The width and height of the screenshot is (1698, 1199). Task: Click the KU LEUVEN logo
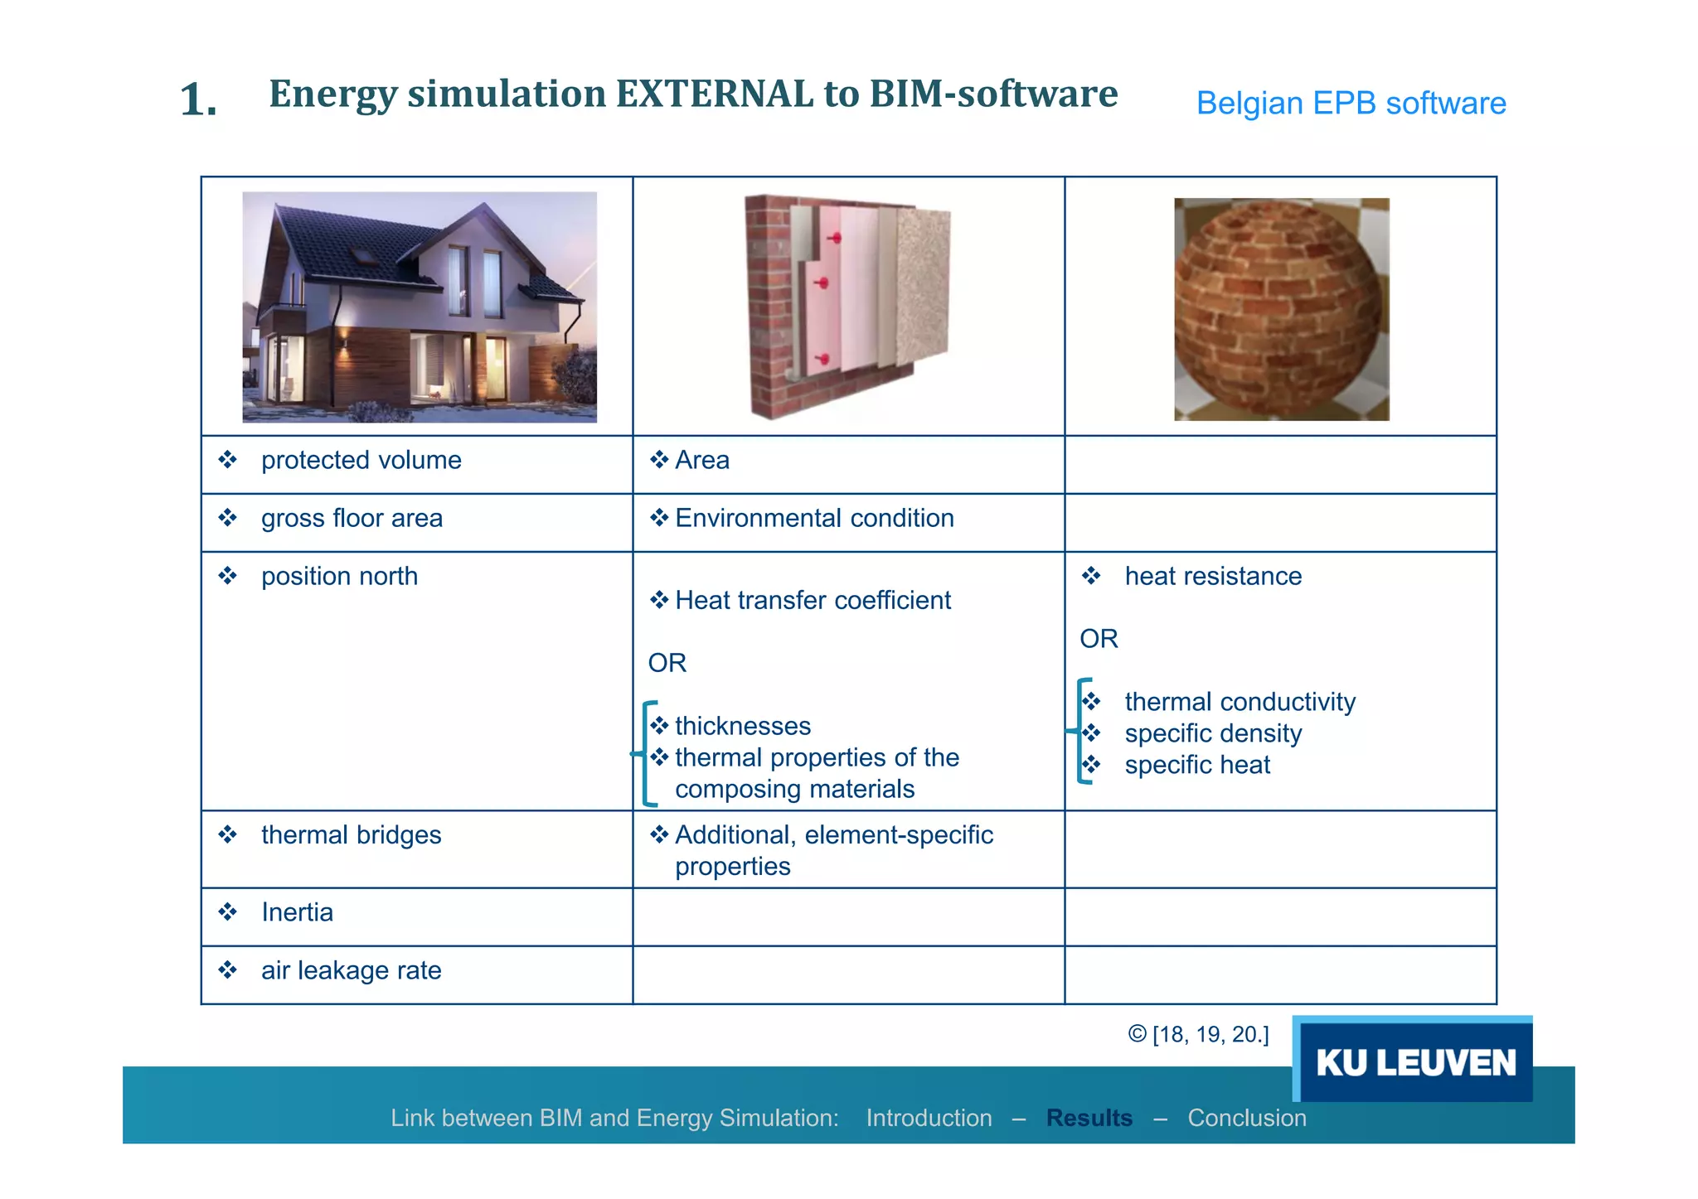[x=1414, y=1061]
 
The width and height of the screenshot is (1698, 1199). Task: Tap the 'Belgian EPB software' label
[x=1351, y=104]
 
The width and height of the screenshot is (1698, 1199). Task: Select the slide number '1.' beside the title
[x=199, y=100]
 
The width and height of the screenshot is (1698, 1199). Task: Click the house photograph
[x=420, y=307]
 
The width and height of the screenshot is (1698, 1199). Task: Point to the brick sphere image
[x=1280, y=309]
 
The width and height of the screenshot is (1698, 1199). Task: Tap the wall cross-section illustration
[x=847, y=306]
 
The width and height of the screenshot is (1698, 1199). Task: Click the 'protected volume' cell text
[x=361, y=460]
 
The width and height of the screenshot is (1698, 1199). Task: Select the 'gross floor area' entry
[x=352, y=518]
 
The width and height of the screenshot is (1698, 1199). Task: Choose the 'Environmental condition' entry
[x=813, y=518]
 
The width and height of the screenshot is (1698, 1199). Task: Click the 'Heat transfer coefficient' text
[x=813, y=600]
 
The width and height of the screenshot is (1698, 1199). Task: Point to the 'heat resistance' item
[x=1212, y=576]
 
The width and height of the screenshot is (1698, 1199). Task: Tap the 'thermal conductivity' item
[x=1240, y=702]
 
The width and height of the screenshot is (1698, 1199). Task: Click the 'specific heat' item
[x=1196, y=765]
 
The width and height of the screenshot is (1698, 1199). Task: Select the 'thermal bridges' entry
[x=351, y=834]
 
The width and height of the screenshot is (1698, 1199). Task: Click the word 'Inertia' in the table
[x=297, y=912]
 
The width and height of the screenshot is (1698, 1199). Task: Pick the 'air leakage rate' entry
[x=351, y=970]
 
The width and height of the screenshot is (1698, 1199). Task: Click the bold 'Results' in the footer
[x=1089, y=1118]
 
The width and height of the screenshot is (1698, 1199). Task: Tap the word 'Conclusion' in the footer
[x=1246, y=1118]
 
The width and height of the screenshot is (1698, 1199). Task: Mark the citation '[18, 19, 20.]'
[x=1210, y=1034]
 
